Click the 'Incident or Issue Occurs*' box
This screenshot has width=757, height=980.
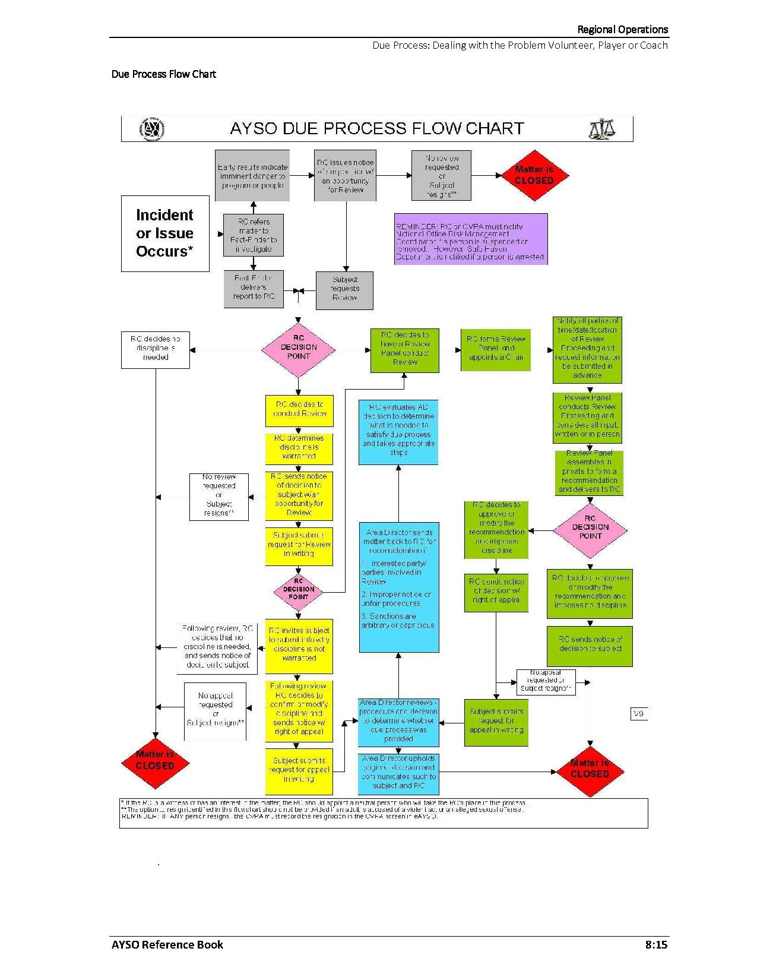click(165, 233)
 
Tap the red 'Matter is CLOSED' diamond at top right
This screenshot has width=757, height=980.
click(534, 175)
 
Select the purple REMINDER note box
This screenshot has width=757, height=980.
click(470, 239)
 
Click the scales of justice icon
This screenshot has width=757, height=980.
click(601, 129)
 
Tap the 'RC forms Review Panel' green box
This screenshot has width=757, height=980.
click(495, 349)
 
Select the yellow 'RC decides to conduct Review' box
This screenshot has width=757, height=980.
click(299, 410)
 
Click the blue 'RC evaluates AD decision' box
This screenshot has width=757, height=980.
click(398, 431)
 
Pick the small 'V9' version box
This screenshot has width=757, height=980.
click(638, 713)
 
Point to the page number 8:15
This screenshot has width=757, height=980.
click(656, 944)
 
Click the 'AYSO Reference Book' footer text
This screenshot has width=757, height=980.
click(167, 944)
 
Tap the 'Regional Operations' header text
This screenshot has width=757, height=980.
click(622, 29)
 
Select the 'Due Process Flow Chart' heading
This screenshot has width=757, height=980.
click(164, 74)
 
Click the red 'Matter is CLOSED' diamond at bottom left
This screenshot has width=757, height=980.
click(155, 761)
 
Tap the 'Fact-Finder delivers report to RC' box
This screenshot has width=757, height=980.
click(254, 289)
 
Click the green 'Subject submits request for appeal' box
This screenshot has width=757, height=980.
click(496, 722)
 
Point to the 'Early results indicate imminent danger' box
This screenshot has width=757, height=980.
click(252, 176)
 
